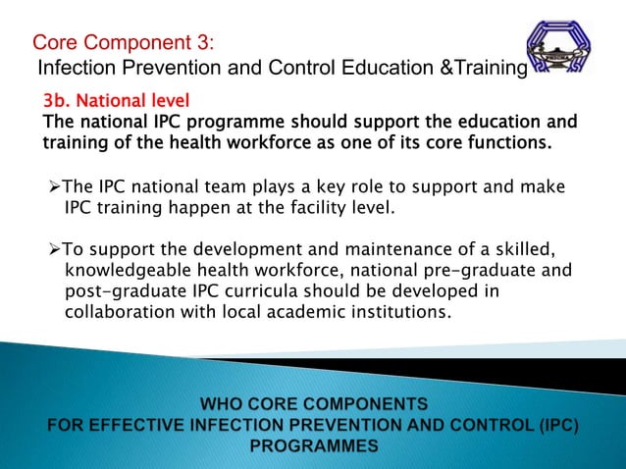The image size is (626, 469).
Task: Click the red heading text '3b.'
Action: click(58, 101)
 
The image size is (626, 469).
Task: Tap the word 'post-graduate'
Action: click(125, 291)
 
